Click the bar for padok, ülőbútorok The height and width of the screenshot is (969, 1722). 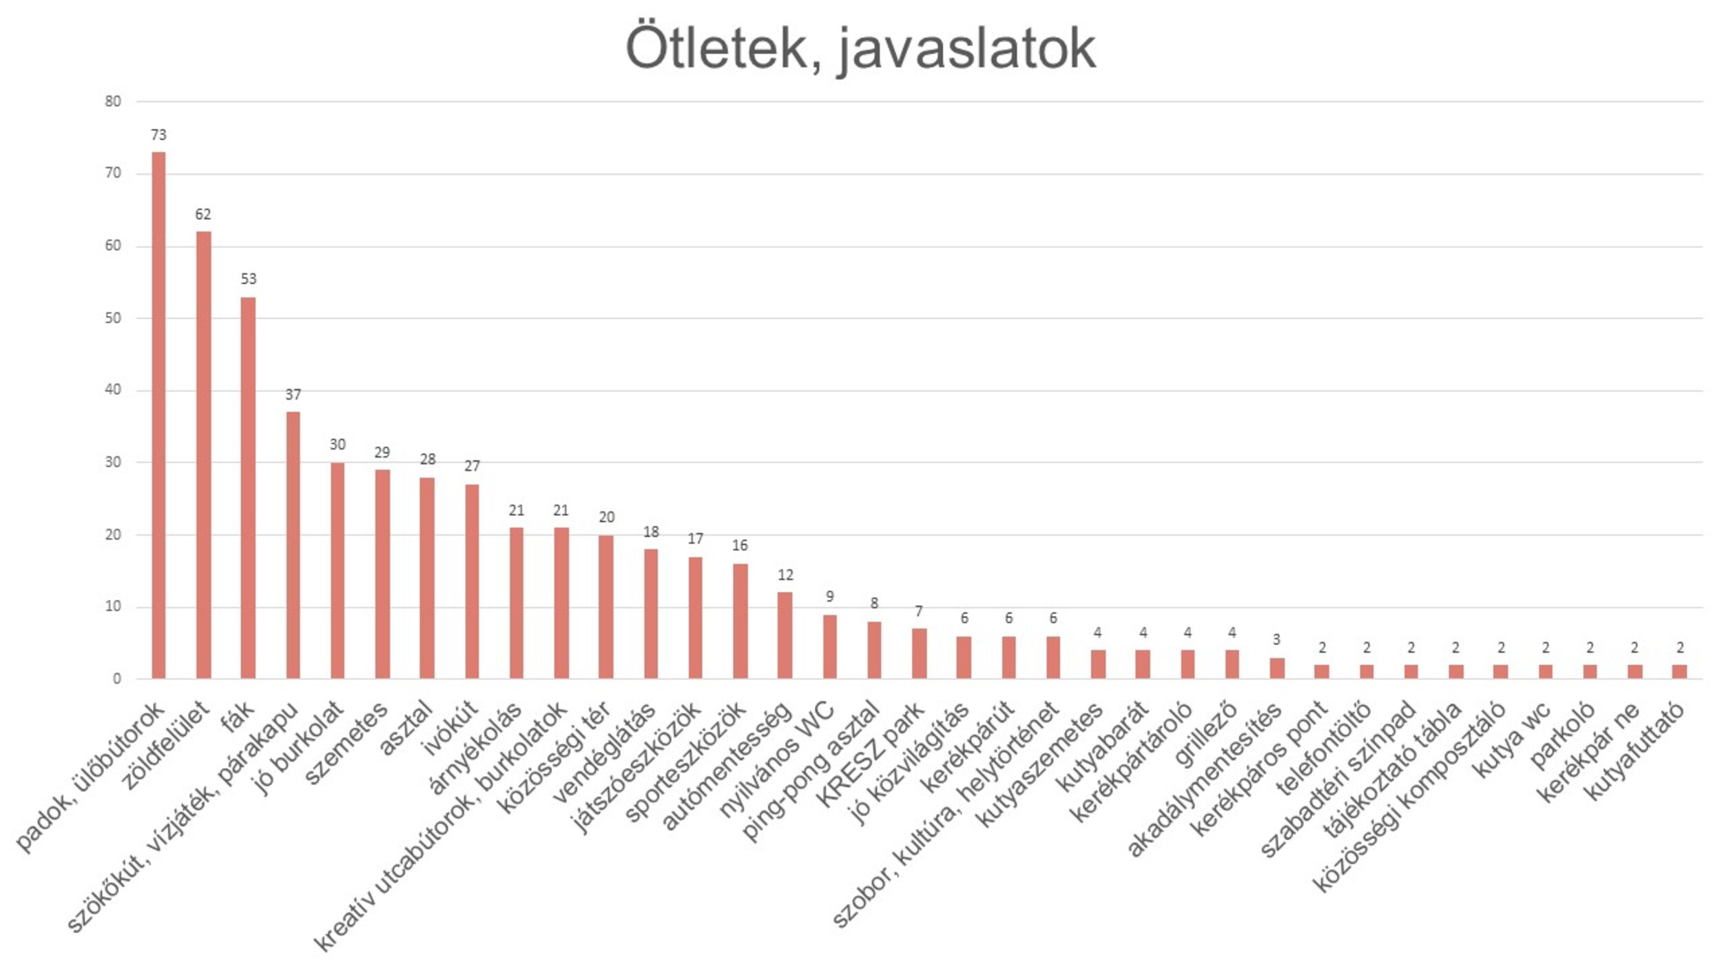[158, 415]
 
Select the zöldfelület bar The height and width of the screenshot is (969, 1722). [203, 455]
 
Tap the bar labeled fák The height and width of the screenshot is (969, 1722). [248, 488]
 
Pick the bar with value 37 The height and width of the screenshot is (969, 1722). [293, 545]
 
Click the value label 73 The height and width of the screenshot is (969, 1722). [158, 135]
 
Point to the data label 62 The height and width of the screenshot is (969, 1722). [203, 214]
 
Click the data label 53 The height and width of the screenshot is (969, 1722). [248, 279]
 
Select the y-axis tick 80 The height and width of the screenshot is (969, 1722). [113, 101]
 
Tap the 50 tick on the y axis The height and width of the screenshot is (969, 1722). [113, 318]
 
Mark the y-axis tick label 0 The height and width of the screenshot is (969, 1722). [117, 679]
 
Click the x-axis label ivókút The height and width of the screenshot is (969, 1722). [451, 728]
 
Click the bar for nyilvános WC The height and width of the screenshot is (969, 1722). [830, 646]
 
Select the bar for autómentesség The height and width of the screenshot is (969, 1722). [785, 635]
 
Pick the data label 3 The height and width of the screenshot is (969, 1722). [1276, 640]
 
